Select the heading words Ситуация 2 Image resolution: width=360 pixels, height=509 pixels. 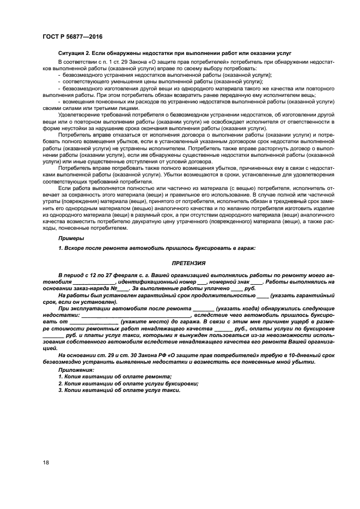pyautogui.click(x=74, y=54)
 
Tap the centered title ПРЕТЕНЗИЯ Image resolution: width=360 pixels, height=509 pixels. pyautogui.click(x=187, y=263)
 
